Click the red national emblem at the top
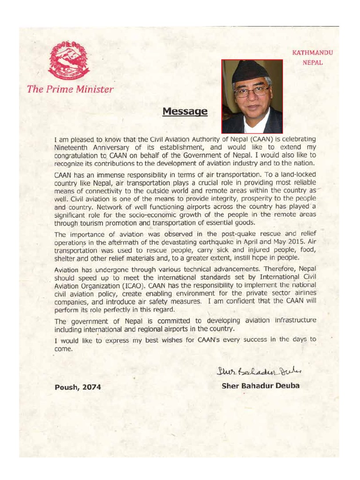click(x=68, y=60)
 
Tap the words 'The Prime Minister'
click(x=70, y=89)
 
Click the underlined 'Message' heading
click(x=185, y=112)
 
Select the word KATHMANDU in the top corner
click(x=312, y=53)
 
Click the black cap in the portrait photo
click(x=250, y=71)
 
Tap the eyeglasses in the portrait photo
click(x=251, y=91)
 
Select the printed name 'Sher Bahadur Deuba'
click(x=260, y=386)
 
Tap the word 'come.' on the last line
click(x=64, y=349)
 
